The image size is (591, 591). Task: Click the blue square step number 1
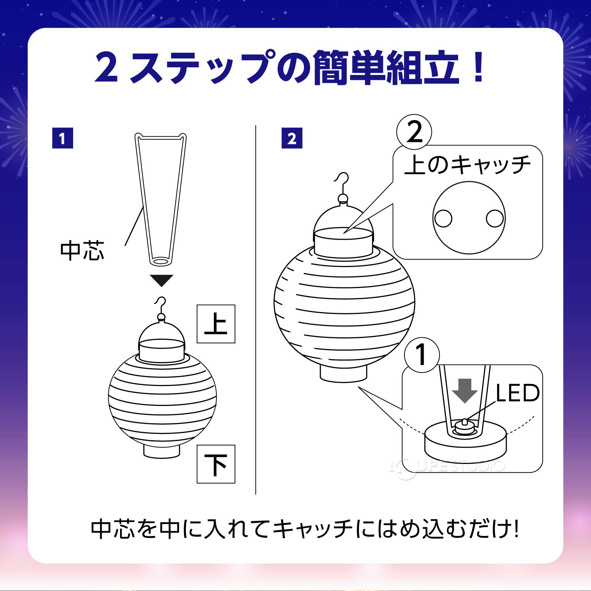62,138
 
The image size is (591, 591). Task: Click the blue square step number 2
292,138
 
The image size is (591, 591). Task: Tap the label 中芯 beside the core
82,251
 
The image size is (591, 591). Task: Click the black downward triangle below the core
161,280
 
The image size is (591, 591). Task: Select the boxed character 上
216,324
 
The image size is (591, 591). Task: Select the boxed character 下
216,464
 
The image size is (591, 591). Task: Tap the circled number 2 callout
414,132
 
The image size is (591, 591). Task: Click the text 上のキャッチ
467,165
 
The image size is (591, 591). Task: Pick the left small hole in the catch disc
443,218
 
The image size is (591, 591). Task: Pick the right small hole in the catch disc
495,218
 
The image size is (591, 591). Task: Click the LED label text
517,393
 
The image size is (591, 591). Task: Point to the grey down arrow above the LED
465,391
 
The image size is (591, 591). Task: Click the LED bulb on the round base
464,426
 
